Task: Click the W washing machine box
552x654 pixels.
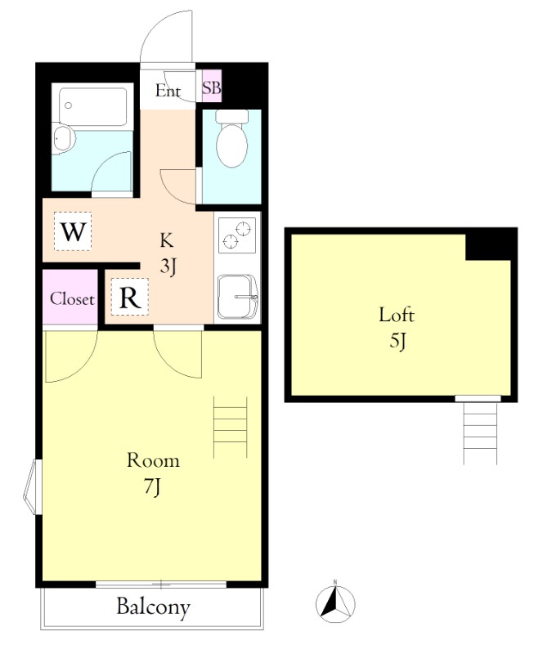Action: (x=73, y=231)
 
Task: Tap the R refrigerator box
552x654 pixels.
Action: (x=130, y=297)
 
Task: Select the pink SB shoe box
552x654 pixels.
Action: (x=212, y=87)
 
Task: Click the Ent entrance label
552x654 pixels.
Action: (x=168, y=91)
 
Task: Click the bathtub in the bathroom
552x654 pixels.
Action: (x=92, y=106)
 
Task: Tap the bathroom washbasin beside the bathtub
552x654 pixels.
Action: (x=64, y=138)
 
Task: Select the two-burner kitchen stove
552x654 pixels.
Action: (x=237, y=234)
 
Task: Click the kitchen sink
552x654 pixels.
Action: (x=237, y=297)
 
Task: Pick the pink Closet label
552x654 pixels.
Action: (x=72, y=298)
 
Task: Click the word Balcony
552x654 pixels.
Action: (x=153, y=607)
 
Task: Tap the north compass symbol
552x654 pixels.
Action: (x=335, y=603)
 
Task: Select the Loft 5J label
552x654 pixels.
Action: (x=397, y=328)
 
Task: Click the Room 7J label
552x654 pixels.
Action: (x=153, y=473)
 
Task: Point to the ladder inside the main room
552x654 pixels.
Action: (x=231, y=427)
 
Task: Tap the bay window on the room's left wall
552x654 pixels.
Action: (x=32, y=486)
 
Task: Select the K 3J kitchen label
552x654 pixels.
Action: (x=167, y=253)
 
